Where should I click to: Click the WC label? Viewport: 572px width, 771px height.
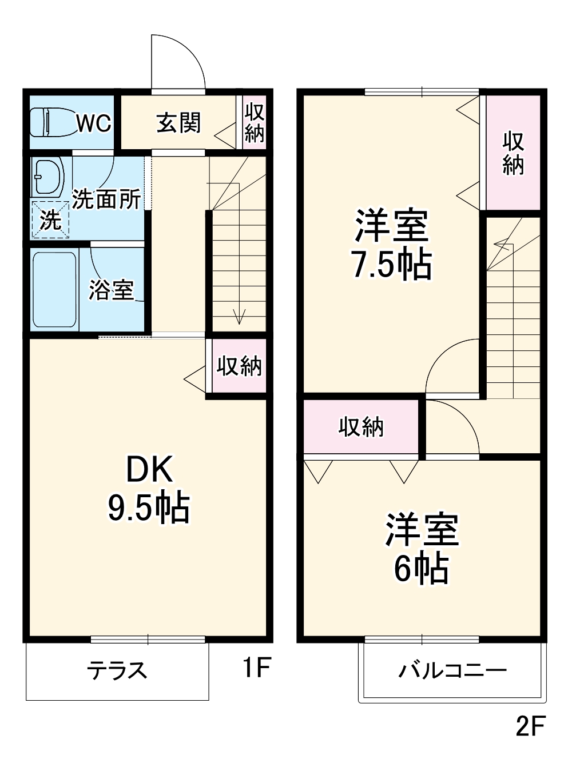(x=94, y=123)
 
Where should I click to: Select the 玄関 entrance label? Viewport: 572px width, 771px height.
(x=178, y=122)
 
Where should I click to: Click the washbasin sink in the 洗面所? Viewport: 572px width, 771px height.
(x=47, y=177)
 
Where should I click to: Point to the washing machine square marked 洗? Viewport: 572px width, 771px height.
(x=50, y=219)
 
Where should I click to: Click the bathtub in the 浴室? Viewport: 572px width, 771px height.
(x=55, y=290)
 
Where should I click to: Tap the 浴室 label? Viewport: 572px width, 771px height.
(x=111, y=290)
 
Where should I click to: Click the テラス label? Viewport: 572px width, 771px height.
(x=117, y=670)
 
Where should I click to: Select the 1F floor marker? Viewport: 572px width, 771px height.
(x=255, y=667)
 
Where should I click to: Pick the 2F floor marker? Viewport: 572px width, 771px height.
(x=530, y=726)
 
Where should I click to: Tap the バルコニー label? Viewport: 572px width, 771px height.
(x=452, y=670)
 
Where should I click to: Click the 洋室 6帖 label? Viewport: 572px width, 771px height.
(x=422, y=549)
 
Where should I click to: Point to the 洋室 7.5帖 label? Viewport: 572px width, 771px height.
(x=392, y=245)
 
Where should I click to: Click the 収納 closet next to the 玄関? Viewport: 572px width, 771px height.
(x=254, y=122)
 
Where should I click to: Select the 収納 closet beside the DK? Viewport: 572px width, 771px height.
(x=239, y=366)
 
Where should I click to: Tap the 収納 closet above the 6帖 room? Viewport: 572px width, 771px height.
(x=361, y=427)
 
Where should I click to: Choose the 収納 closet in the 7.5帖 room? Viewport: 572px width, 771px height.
(x=513, y=153)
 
